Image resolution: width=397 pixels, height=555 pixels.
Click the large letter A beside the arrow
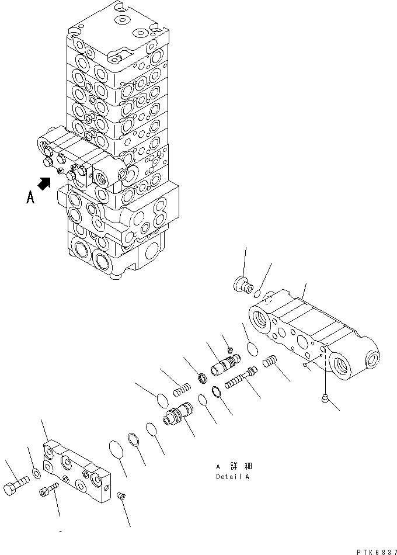tap(31, 197)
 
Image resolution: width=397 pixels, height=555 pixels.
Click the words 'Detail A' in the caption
tap(232, 476)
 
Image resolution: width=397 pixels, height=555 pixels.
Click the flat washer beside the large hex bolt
tap(36, 471)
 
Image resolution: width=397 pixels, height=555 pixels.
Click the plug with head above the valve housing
tap(239, 285)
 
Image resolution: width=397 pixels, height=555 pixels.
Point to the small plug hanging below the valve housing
tap(325, 398)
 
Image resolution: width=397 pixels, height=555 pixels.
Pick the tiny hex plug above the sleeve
tap(230, 349)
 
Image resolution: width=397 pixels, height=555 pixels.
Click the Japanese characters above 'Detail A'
tap(234, 466)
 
